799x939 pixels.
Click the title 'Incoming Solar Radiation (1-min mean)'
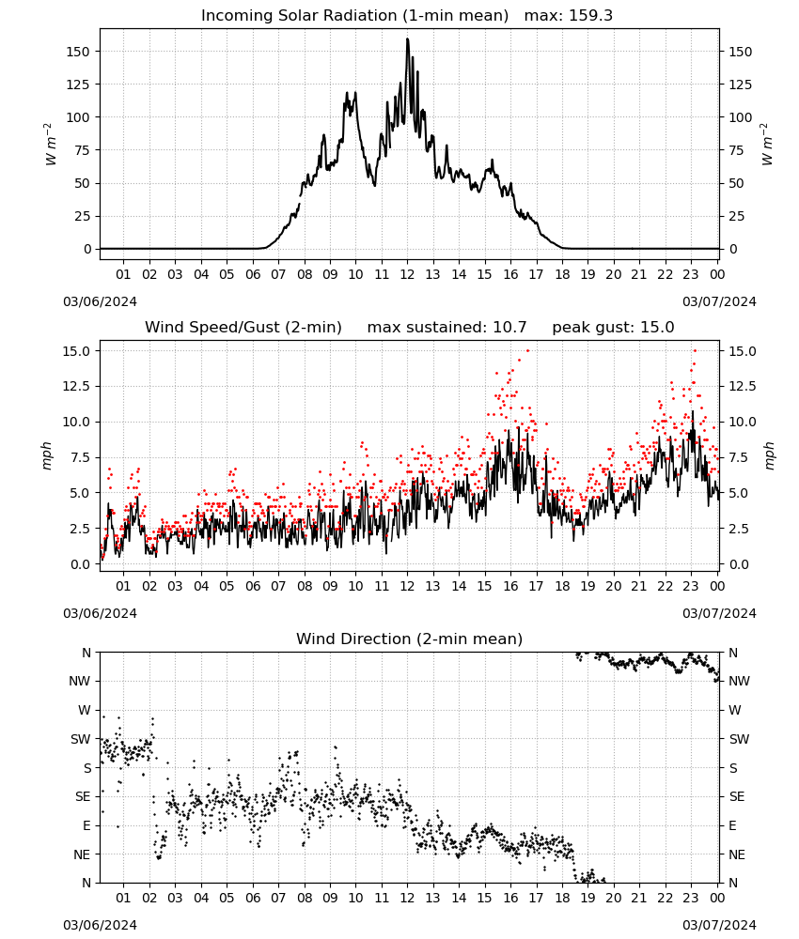click(x=354, y=16)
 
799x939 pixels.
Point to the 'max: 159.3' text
click(x=569, y=16)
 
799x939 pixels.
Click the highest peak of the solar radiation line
click(x=408, y=38)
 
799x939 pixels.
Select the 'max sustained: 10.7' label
click(x=446, y=328)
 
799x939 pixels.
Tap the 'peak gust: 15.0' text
click(x=613, y=328)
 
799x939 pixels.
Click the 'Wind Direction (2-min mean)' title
click(x=410, y=639)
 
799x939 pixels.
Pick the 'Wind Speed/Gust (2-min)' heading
click(x=243, y=328)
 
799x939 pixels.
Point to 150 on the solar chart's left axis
click(x=78, y=52)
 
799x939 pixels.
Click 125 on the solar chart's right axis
click(x=741, y=85)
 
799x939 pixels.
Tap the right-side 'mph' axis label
click(x=769, y=455)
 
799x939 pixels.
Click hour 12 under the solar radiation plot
click(x=407, y=275)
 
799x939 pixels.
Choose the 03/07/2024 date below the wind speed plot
click(x=719, y=613)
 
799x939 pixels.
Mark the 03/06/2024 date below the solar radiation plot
click(x=100, y=301)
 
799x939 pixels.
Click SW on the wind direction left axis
click(x=80, y=740)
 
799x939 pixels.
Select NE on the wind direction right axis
click(x=737, y=855)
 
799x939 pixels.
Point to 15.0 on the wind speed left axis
click(x=77, y=351)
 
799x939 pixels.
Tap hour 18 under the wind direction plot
click(x=562, y=899)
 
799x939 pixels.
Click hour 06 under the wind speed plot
click(x=252, y=586)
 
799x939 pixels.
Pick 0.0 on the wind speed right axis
click(x=739, y=564)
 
